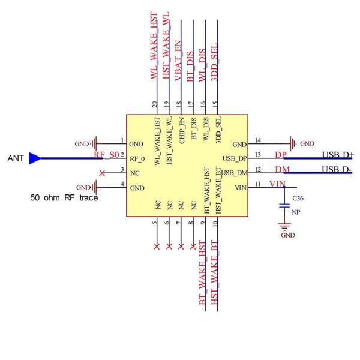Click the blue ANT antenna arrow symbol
click(35, 158)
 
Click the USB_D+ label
click(337, 155)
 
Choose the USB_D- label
click(337, 169)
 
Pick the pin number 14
click(257, 140)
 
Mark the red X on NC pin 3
click(102, 173)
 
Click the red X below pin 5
click(157, 247)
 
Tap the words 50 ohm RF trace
click(64, 197)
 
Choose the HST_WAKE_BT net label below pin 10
click(215, 282)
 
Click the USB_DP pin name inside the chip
click(234, 159)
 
